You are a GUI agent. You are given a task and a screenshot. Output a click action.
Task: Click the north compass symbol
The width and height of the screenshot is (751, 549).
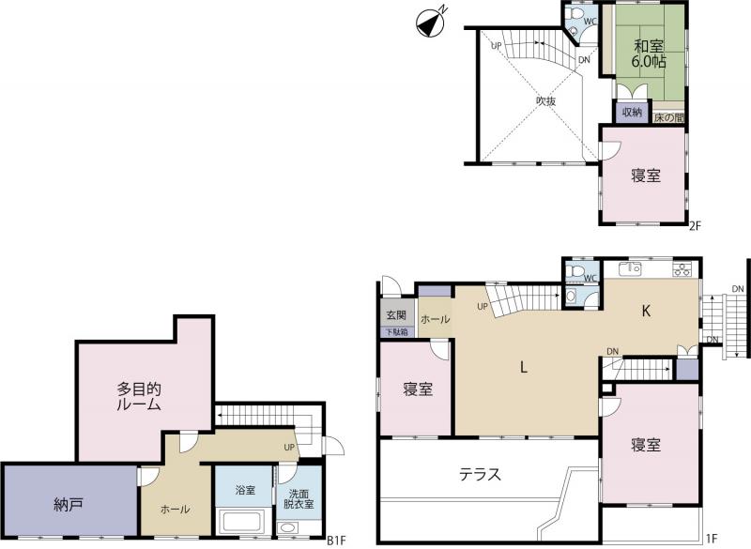(x=430, y=23)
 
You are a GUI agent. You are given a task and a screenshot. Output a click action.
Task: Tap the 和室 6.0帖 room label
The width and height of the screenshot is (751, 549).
(x=649, y=53)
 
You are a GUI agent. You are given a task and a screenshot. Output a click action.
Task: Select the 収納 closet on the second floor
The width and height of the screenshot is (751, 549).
(x=631, y=113)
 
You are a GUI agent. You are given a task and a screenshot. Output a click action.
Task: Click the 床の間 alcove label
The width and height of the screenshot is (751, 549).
(x=668, y=117)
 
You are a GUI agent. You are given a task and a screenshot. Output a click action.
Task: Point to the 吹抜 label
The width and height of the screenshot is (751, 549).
(x=546, y=101)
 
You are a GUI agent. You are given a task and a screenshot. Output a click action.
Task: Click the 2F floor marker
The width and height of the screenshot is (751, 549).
(x=695, y=226)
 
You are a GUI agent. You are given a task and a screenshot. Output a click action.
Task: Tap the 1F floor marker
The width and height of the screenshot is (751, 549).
(x=712, y=539)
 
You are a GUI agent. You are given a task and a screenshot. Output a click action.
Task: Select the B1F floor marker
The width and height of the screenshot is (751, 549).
(x=336, y=541)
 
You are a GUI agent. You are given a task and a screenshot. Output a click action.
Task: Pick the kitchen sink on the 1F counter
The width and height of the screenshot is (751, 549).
(x=630, y=269)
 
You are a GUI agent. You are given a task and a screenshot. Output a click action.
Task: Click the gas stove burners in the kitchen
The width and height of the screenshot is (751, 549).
(x=682, y=269)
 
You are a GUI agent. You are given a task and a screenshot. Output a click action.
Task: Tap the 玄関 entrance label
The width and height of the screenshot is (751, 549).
(x=396, y=315)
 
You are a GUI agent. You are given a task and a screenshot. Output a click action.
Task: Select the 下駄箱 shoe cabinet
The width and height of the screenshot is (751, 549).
(x=397, y=331)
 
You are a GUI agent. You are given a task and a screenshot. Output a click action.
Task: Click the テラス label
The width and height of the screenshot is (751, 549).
(x=480, y=474)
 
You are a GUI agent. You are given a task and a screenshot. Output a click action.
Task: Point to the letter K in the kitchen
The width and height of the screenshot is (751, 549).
(x=646, y=312)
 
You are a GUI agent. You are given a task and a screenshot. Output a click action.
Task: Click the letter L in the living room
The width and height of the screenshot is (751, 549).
(x=524, y=368)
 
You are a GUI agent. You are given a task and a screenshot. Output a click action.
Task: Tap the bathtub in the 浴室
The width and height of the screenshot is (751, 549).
(x=241, y=522)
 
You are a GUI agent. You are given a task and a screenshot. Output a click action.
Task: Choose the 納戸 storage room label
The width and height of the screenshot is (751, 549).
(x=69, y=505)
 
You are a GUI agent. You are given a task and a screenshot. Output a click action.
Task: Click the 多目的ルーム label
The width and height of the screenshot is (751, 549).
(x=139, y=397)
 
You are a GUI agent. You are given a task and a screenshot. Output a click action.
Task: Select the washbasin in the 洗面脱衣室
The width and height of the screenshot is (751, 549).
(x=287, y=527)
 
